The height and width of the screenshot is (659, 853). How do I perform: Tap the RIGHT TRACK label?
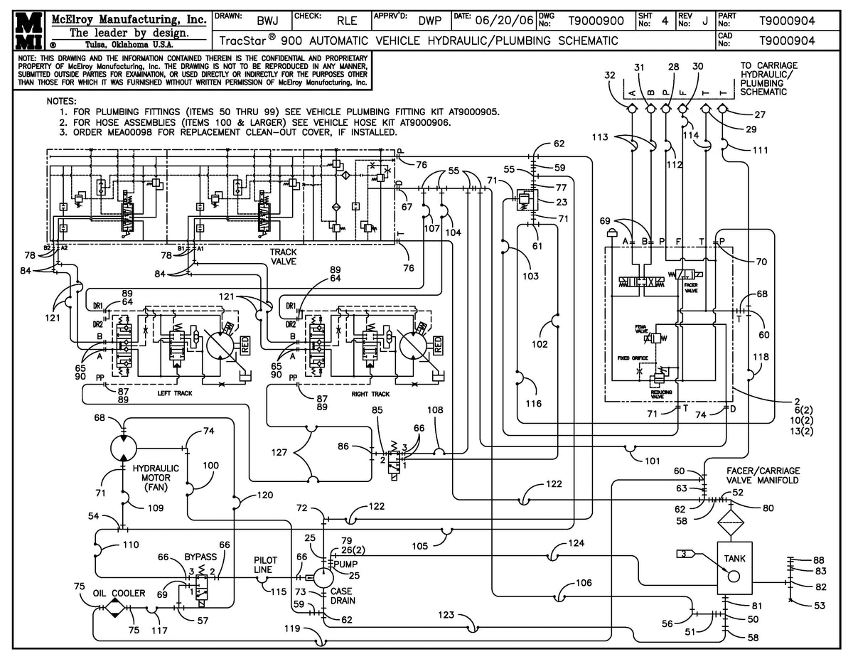click(370, 393)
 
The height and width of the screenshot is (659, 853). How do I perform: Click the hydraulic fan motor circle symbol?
click(124, 449)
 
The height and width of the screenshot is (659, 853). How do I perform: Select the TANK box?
click(735, 569)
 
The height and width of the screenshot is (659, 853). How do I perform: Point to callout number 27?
click(760, 114)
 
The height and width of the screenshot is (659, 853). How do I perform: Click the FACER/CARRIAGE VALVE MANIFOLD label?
click(763, 475)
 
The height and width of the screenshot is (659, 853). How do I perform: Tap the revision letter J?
click(704, 21)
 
